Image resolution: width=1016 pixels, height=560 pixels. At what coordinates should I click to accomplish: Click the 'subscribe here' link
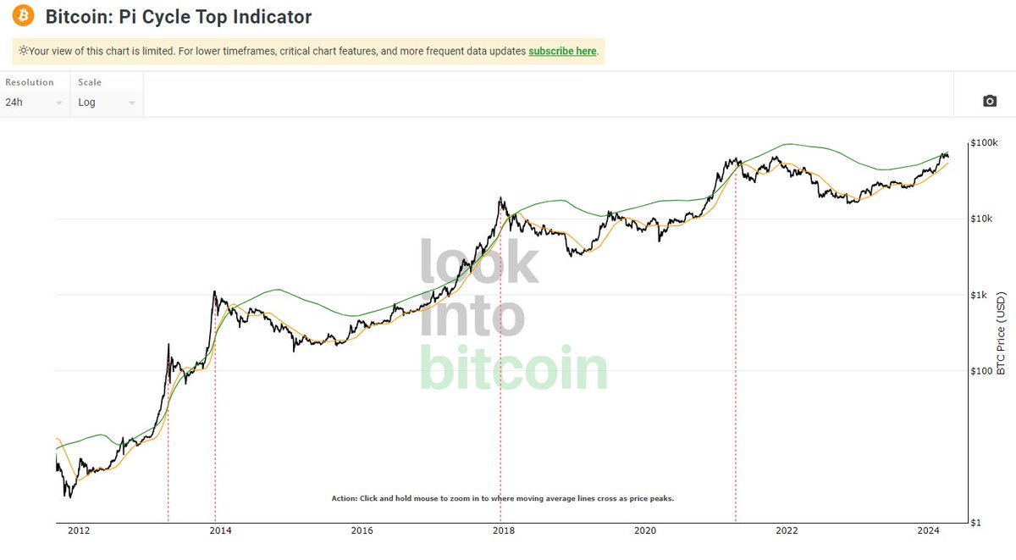tap(562, 51)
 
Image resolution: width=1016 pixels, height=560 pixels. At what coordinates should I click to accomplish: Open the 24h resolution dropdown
tap(34, 103)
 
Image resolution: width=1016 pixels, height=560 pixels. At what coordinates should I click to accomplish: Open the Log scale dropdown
tap(106, 103)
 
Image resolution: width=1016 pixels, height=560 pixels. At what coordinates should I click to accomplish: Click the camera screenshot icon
tap(990, 102)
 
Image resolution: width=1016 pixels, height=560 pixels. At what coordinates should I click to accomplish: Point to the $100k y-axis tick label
tap(985, 142)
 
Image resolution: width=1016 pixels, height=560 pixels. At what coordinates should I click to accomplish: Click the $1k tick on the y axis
tap(982, 295)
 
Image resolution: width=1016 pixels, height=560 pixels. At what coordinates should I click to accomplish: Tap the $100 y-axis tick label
tap(983, 370)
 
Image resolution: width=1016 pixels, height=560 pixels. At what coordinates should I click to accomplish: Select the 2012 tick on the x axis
tap(79, 531)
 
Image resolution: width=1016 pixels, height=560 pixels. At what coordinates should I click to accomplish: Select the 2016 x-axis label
tap(362, 531)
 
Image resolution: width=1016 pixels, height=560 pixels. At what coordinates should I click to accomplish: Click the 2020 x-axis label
tap(645, 531)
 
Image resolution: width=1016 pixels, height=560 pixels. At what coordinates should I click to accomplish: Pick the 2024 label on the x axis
tap(929, 531)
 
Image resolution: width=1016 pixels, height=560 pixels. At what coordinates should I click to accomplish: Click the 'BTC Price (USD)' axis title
tap(1001, 334)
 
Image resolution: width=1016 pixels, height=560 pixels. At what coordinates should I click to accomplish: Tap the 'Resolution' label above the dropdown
tap(30, 82)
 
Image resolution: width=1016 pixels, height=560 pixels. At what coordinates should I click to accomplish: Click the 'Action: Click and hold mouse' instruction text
tap(502, 498)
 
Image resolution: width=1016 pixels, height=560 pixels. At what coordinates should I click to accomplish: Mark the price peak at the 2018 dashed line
tap(501, 198)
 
